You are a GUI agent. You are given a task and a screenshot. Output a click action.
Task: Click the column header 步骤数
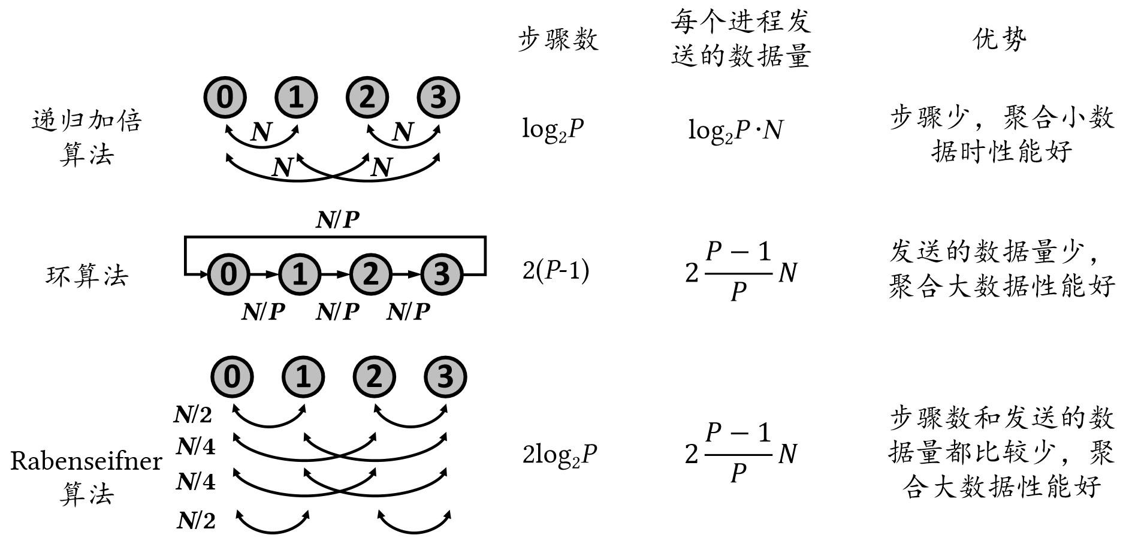[558, 40]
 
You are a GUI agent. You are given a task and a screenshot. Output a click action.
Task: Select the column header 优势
[999, 40]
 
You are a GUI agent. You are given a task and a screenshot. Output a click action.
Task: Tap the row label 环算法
[87, 276]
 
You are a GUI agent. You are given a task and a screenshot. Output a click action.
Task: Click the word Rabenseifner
[86, 461]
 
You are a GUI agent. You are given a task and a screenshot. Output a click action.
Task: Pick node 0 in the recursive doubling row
[225, 97]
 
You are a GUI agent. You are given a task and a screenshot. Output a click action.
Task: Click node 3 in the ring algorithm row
[442, 274]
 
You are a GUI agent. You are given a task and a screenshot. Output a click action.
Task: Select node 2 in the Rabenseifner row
[373, 377]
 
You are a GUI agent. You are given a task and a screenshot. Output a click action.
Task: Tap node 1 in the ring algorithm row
[300, 274]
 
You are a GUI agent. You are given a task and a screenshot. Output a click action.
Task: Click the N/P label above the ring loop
[337, 220]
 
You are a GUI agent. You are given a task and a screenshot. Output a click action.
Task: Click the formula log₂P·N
[735, 129]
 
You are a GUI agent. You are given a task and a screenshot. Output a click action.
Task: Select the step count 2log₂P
[560, 455]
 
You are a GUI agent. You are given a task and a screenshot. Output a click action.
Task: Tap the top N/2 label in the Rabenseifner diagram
[193, 415]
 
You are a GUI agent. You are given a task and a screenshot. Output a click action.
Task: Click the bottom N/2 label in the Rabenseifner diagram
[196, 521]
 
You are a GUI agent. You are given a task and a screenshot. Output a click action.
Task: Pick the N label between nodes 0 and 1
[261, 131]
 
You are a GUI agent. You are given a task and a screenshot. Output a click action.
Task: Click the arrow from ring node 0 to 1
[264, 274]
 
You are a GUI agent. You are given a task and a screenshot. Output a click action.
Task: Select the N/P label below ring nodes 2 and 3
[409, 312]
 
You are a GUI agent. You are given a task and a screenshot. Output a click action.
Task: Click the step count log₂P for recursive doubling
[553, 129]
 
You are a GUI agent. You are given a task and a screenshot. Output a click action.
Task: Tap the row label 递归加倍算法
[87, 138]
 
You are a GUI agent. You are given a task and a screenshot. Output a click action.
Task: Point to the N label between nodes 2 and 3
[403, 131]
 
